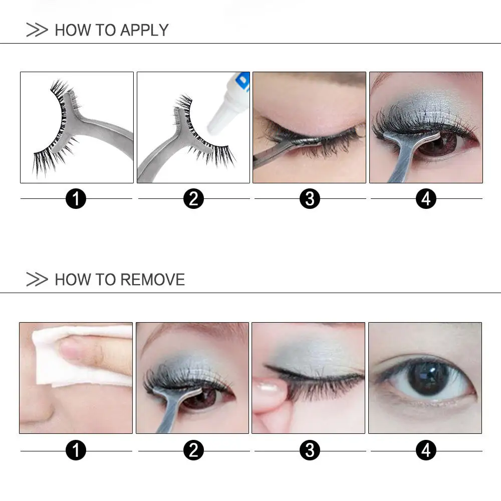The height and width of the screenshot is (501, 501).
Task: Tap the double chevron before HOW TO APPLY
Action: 37,30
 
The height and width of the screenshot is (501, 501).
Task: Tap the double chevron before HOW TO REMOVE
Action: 37,280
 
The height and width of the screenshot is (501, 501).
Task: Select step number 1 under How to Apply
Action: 76,199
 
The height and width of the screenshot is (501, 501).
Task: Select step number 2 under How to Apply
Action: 193,199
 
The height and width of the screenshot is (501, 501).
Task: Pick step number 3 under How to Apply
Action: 310,199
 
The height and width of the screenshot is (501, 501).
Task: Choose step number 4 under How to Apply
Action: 426,199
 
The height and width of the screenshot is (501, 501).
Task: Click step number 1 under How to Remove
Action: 76,450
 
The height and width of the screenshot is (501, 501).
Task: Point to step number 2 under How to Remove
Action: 193,450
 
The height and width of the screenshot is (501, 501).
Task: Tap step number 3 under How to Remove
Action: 310,450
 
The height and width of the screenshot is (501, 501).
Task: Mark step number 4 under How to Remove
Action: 426,450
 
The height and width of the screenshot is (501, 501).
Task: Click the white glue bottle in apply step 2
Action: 228,108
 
